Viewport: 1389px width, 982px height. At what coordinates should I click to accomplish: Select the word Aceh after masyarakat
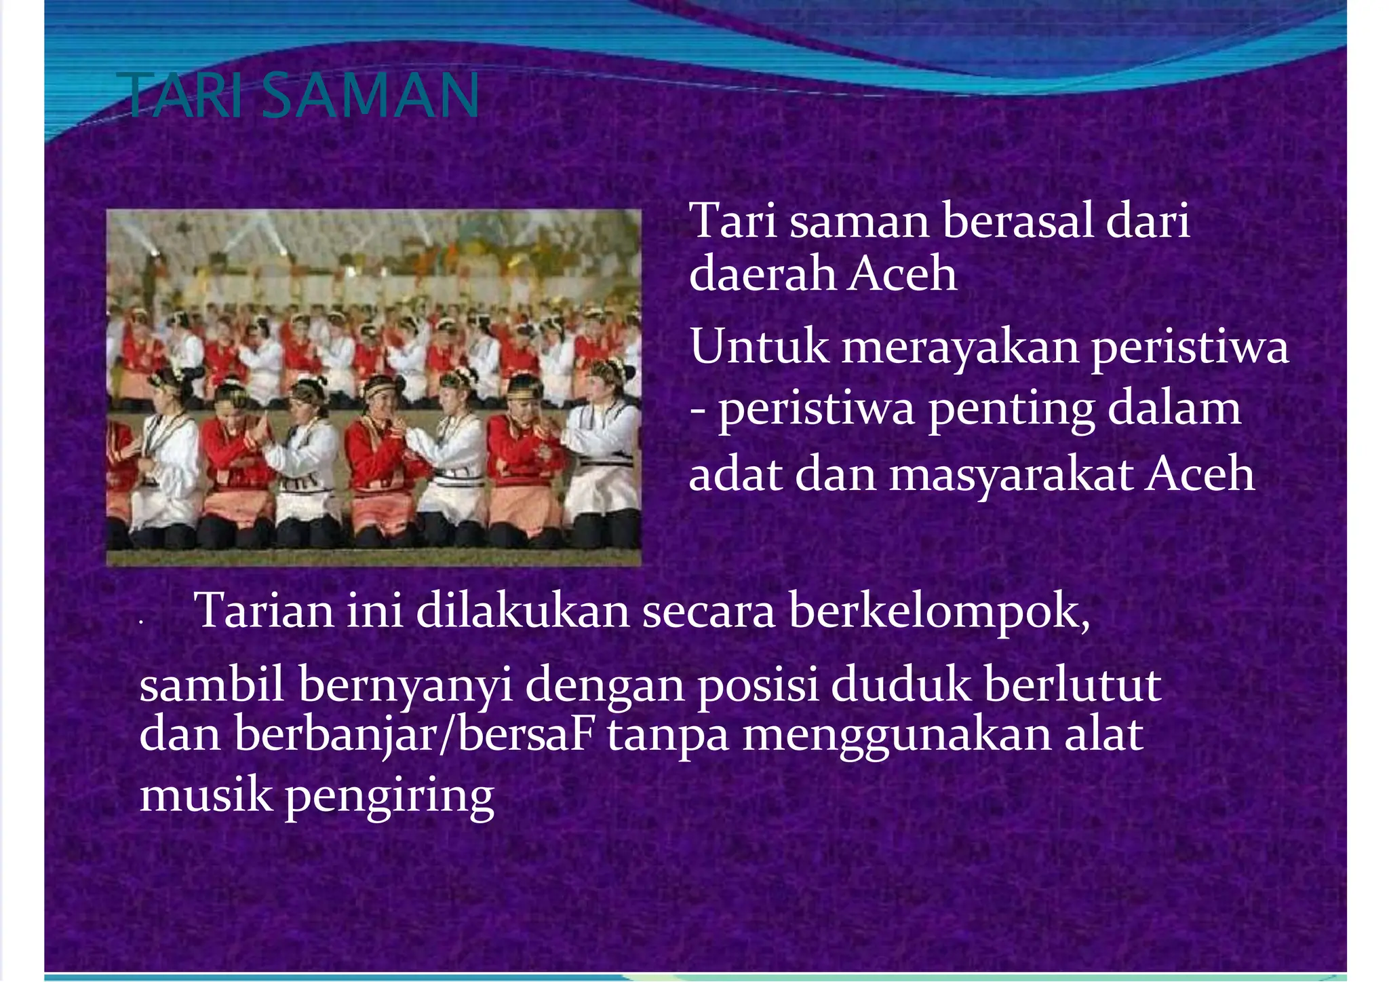[x=1200, y=473]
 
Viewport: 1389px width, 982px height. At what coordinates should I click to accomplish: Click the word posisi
[x=758, y=685]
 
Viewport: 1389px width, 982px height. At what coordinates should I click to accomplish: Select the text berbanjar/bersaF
[x=414, y=735]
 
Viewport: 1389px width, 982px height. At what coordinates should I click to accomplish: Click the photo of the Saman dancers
[x=374, y=387]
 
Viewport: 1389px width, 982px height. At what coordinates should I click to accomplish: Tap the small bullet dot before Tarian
[x=140, y=622]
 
